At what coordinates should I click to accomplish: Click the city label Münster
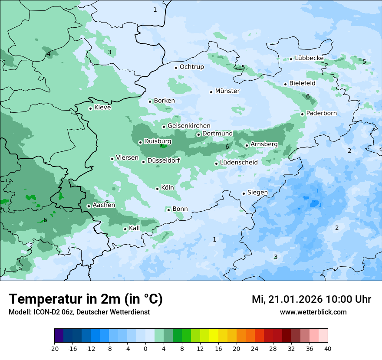click(x=227, y=91)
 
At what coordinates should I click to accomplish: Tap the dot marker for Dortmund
click(x=198, y=134)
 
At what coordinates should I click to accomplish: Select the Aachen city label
click(x=104, y=205)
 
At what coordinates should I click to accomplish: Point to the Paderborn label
click(x=321, y=113)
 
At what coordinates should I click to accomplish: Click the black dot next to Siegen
click(x=244, y=193)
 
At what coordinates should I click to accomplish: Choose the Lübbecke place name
click(x=309, y=58)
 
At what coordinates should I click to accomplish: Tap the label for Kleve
click(x=102, y=108)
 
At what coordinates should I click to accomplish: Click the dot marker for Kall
click(x=125, y=229)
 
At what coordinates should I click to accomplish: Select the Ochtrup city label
click(x=191, y=67)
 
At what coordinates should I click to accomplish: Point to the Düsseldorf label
click(x=163, y=161)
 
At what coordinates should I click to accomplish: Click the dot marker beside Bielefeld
click(x=285, y=84)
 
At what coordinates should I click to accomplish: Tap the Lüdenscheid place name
click(x=239, y=163)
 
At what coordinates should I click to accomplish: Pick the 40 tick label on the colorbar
click(x=327, y=349)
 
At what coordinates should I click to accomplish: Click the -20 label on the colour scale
click(x=54, y=349)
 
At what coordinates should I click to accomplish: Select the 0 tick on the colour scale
click(x=145, y=349)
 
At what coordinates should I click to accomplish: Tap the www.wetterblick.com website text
click(x=313, y=312)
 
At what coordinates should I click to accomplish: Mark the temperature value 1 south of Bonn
click(x=214, y=239)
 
